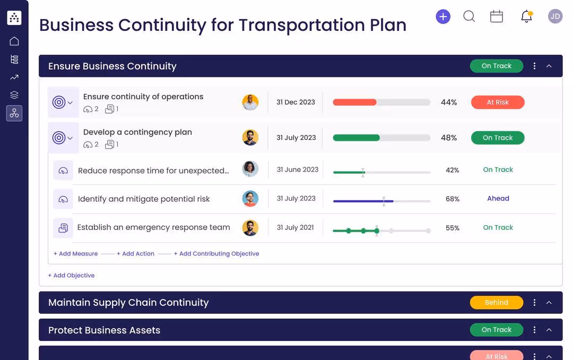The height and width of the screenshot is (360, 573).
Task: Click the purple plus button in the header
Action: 442,16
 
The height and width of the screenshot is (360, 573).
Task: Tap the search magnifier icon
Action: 469,16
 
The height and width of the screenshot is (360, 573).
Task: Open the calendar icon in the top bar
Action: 497,16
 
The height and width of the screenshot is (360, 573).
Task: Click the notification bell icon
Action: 526,16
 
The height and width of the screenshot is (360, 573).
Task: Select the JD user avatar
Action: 555,16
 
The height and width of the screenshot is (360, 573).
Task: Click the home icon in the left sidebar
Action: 14,41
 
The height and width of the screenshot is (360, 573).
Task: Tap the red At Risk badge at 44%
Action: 497,102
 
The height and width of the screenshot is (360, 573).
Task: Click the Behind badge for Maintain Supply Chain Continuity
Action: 496,303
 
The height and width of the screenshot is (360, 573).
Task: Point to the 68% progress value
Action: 452,199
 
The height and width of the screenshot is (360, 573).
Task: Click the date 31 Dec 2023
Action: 296,102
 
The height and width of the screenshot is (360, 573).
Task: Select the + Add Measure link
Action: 75,254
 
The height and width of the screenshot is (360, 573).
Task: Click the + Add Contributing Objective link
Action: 216,254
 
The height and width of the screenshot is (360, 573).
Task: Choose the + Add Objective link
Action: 71,276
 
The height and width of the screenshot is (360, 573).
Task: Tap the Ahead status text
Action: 498,199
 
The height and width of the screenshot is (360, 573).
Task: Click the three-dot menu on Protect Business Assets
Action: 534,330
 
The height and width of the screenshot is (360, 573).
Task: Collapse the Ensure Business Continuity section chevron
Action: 549,66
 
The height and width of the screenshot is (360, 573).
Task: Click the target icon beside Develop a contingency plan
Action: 59,138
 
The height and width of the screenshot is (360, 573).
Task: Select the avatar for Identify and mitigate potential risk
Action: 250,199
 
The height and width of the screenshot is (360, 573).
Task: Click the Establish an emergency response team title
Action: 153,227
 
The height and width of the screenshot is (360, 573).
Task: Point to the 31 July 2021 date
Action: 295,228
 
